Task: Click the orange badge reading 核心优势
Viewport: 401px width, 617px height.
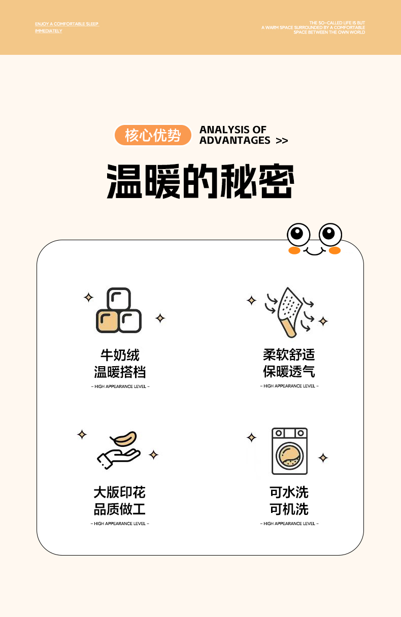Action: click(x=153, y=135)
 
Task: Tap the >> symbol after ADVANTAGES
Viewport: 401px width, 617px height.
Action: click(x=282, y=141)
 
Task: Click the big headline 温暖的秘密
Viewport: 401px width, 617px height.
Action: click(x=200, y=181)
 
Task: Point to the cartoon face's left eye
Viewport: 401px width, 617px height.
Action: click(x=298, y=235)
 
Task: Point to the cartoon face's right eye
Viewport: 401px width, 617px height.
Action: click(x=330, y=235)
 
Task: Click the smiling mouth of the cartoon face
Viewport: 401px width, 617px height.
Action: click(x=315, y=251)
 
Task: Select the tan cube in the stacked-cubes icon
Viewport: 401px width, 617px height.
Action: click(x=108, y=321)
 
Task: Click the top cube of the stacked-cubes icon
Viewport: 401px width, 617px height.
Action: click(x=119, y=299)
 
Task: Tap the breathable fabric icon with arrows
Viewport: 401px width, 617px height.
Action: click(x=289, y=312)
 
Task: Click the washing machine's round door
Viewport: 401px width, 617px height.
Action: click(x=289, y=456)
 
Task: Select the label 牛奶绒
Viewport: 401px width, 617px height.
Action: click(x=120, y=355)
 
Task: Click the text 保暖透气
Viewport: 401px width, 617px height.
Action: click(x=289, y=371)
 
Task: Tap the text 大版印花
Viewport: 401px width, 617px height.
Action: click(x=119, y=492)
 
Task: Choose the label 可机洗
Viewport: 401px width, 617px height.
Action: click(x=289, y=509)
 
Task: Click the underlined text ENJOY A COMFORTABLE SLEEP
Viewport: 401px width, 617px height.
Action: click(x=66, y=24)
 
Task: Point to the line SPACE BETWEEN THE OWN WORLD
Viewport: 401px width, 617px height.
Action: click(x=329, y=32)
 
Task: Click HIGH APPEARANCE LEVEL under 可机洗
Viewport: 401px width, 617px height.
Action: click(x=289, y=524)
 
